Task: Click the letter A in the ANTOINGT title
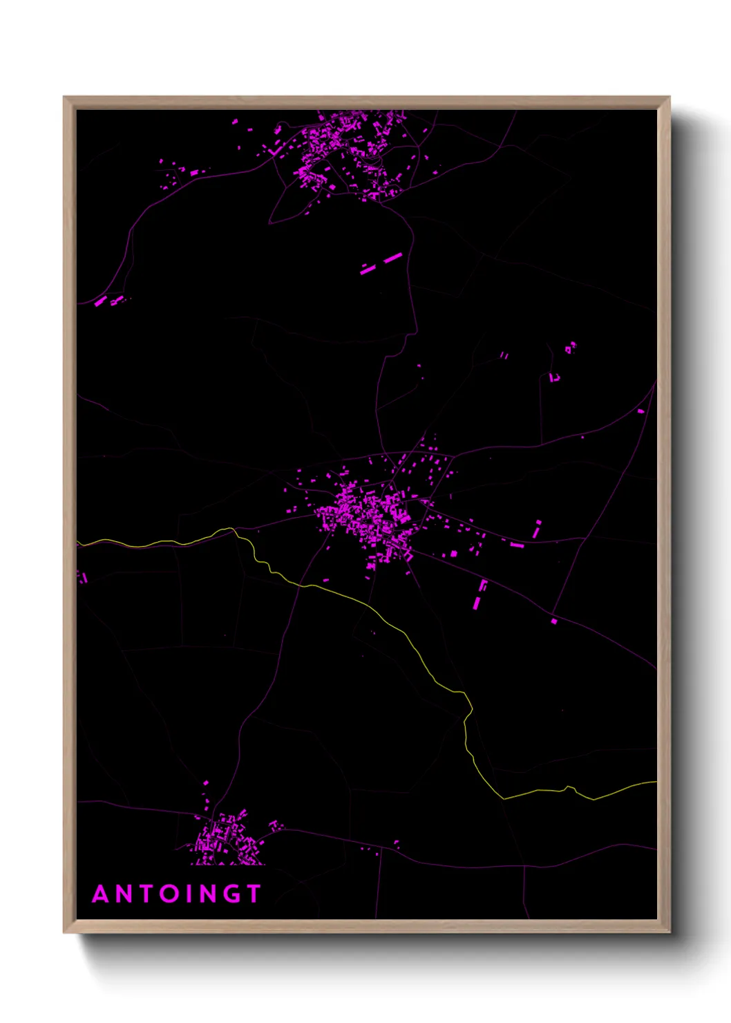tap(102, 894)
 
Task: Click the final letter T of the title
tap(254, 894)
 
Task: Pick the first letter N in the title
tap(125, 894)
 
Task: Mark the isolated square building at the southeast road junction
tap(554, 621)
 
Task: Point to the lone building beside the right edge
tap(640, 411)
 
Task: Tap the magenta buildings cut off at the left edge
tap(82, 577)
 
